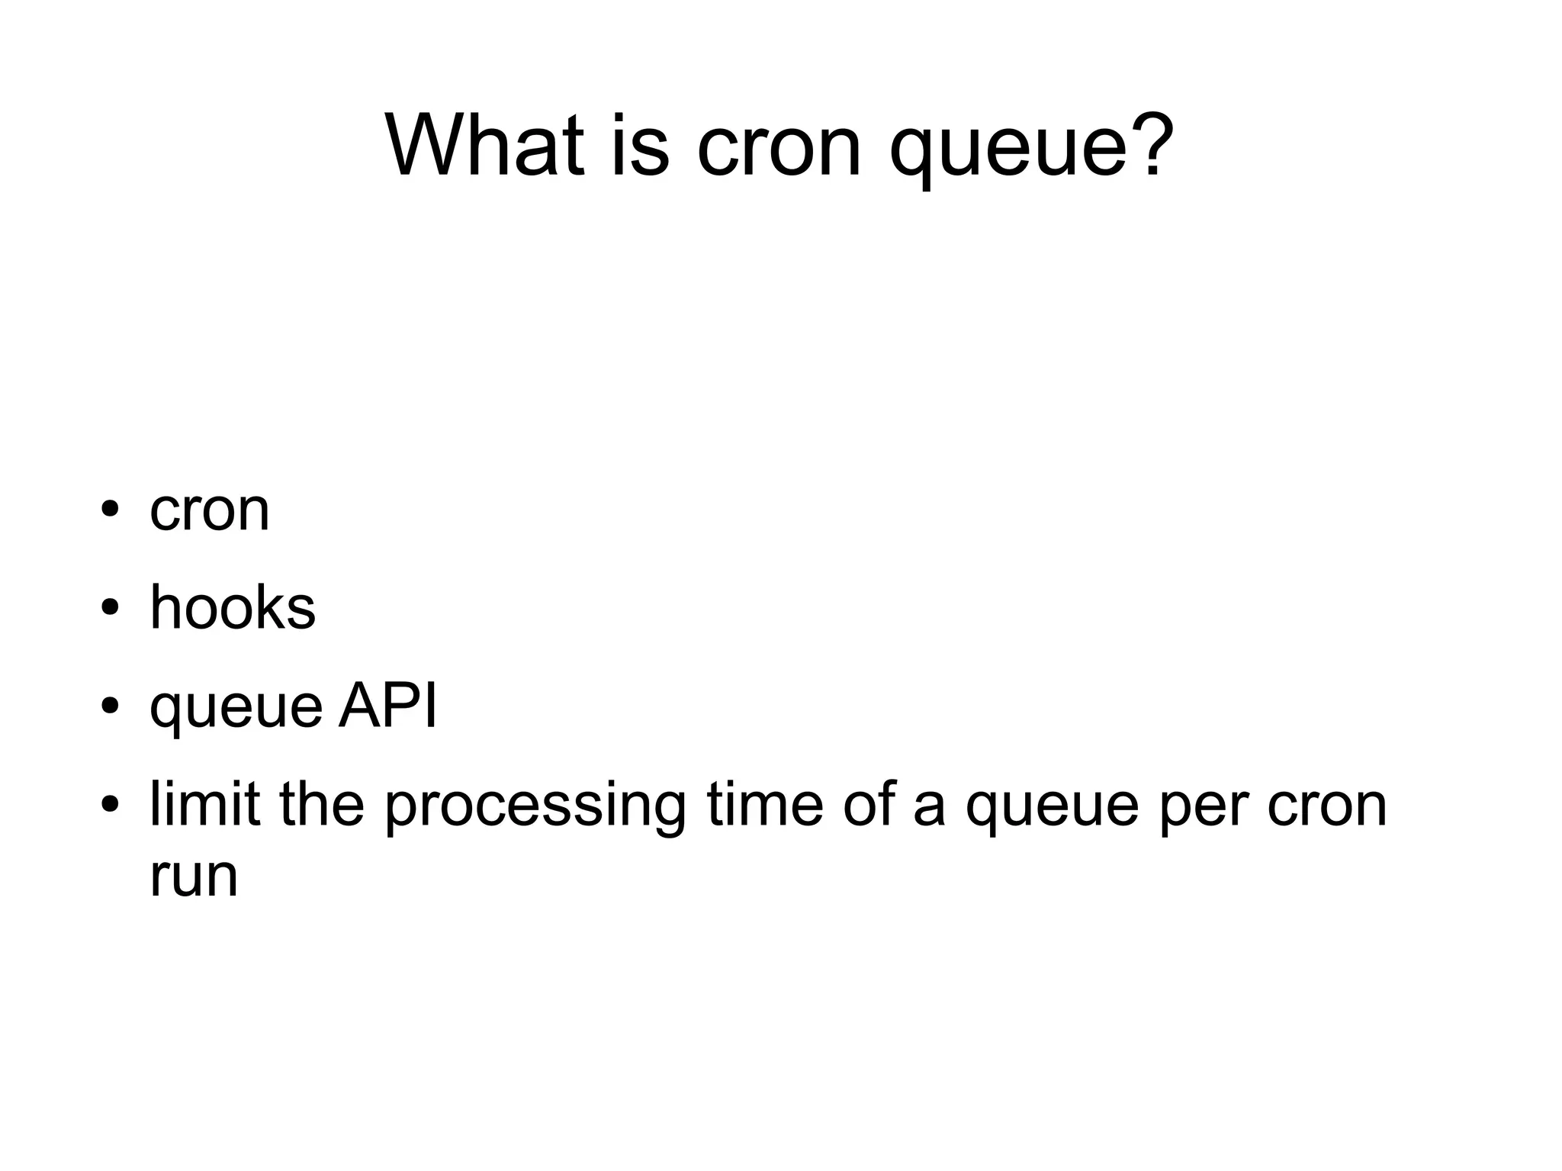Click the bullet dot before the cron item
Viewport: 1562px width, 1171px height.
[x=111, y=509]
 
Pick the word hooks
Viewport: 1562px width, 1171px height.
[x=233, y=608]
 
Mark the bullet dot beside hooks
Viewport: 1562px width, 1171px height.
[x=111, y=608]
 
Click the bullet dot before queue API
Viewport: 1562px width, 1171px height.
[x=111, y=706]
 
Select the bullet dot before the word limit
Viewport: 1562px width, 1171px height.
[x=111, y=804]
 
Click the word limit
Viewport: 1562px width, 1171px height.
[x=205, y=804]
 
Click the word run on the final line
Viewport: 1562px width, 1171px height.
[x=194, y=877]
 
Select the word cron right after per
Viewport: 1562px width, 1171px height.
[x=1327, y=806]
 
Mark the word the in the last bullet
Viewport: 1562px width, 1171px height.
[x=322, y=804]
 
